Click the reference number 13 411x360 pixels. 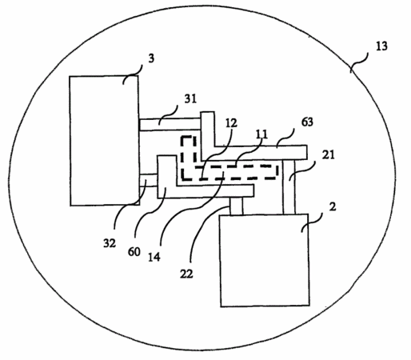coord(381,46)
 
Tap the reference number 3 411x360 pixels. coord(151,58)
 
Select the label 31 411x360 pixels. coord(190,99)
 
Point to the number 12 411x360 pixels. coord(231,123)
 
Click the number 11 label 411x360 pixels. coord(261,134)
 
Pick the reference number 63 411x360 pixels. coord(307,122)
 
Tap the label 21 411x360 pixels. coord(328,154)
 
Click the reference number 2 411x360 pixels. coord(333,206)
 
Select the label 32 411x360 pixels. coord(110,243)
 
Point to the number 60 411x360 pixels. coord(134,251)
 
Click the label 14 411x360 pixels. coord(154,257)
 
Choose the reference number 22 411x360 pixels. coord(186,274)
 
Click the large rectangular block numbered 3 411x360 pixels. coord(104,141)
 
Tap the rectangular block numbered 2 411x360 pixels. coord(265,260)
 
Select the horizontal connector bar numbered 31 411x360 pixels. coord(170,125)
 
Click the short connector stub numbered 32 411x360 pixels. coord(149,180)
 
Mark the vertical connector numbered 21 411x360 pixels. coord(289,186)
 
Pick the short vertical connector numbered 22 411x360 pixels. coord(236,206)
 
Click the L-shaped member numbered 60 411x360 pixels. coord(167,190)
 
